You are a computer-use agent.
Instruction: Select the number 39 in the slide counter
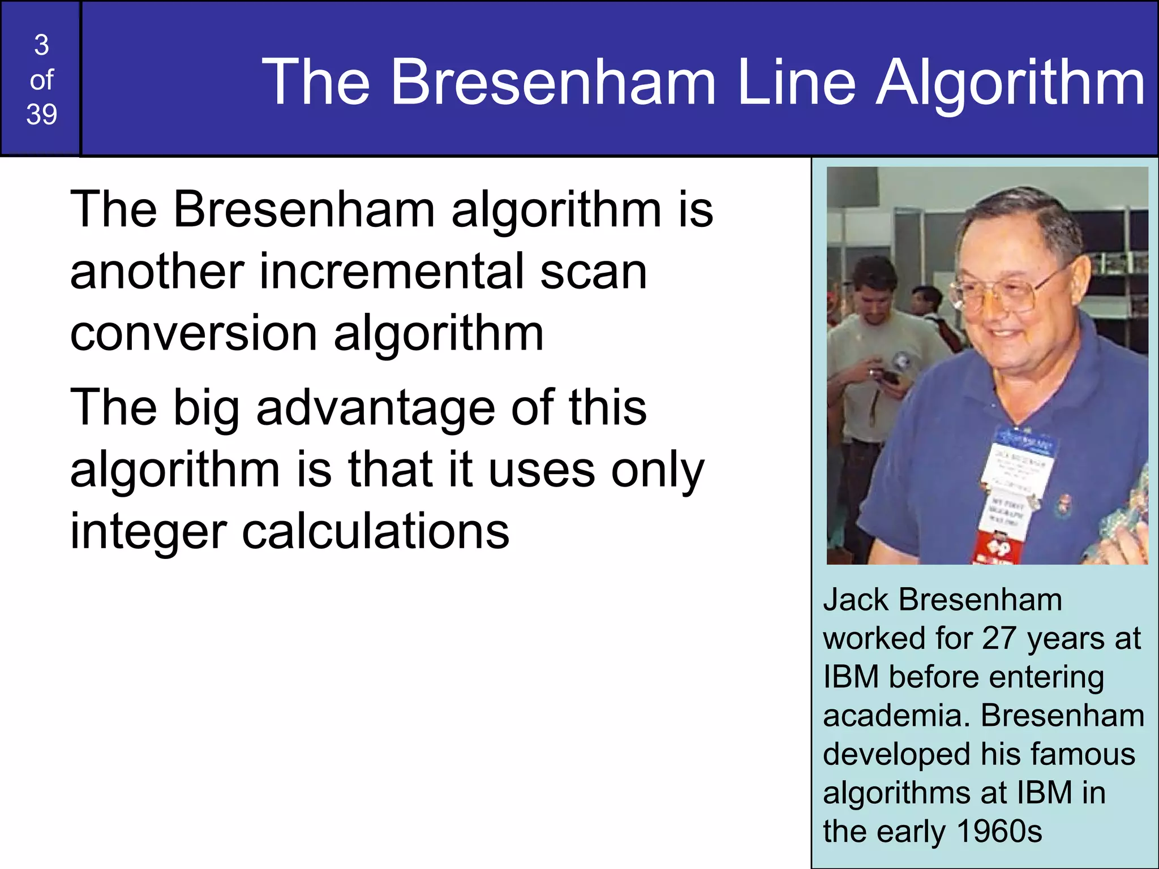41,115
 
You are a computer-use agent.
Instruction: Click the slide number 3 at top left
41,45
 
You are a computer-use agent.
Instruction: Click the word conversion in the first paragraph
192,333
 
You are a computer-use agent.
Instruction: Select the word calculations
376,532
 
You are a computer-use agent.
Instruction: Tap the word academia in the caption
896,716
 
